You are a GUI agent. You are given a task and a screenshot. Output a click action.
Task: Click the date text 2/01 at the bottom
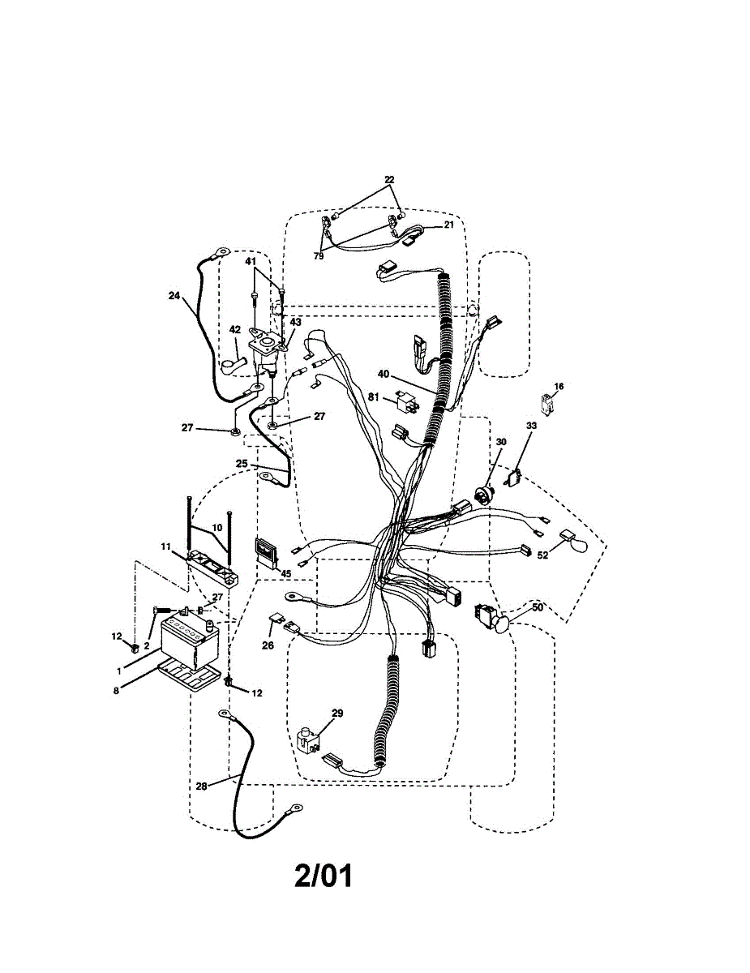coord(324,877)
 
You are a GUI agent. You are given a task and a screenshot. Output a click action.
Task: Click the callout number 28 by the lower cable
coord(202,786)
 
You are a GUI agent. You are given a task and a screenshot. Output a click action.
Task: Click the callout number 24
coord(174,296)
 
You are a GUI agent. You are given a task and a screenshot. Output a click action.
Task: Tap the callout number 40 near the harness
coord(384,374)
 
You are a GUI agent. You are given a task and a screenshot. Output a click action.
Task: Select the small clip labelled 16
coord(549,401)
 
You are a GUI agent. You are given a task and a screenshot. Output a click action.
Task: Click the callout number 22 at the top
coord(389,179)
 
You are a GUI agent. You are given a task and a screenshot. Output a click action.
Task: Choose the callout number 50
coord(537,607)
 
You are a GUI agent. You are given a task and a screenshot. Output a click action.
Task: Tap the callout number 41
coord(251,262)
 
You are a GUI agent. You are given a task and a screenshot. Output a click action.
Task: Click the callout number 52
coord(542,555)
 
